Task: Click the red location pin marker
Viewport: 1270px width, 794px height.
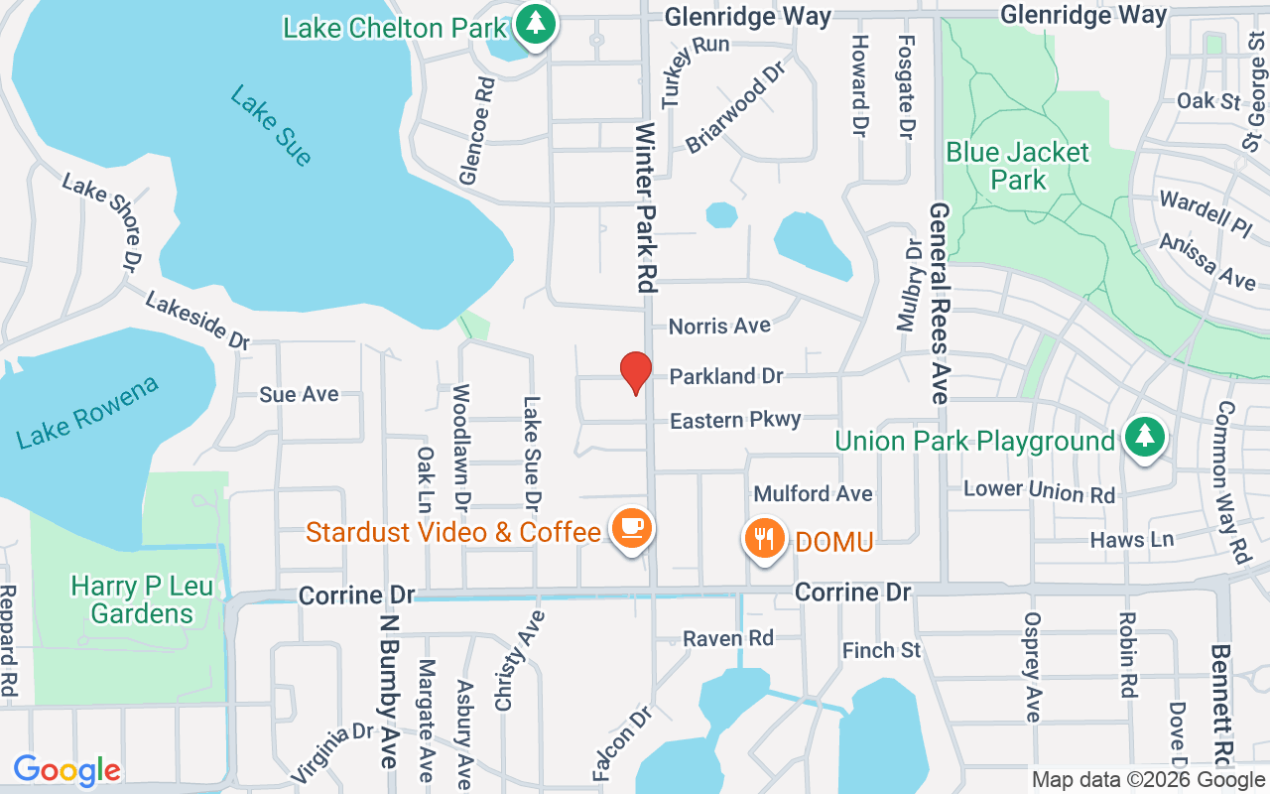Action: pos(635,372)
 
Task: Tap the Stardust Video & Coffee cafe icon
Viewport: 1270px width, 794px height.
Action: pos(631,527)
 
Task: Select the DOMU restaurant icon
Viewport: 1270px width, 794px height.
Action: pos(763,539)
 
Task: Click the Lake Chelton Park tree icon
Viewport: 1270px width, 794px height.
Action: pos(536,23)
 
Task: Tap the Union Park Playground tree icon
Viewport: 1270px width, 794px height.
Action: pos(1145,436)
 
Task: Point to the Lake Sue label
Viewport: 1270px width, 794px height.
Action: pos(270,124)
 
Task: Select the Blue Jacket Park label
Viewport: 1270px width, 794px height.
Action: pos(1018,166)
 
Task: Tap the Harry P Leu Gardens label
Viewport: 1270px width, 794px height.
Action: pos(142,599)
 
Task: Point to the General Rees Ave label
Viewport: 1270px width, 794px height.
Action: pos(940,303)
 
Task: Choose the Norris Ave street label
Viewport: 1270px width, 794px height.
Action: pos(719,326)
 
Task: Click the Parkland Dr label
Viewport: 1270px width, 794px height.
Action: pos(726,376)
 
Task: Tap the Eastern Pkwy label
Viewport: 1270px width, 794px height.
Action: pos(735,421)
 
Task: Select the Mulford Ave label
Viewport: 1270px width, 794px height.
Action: pos(814,493)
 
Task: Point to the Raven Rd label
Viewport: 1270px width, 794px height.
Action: pos(729,638)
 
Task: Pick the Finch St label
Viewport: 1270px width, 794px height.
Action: pos(882,651)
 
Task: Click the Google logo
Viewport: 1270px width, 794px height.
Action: pos(67,770)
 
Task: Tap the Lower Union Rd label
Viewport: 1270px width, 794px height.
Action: pos(1040,490)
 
